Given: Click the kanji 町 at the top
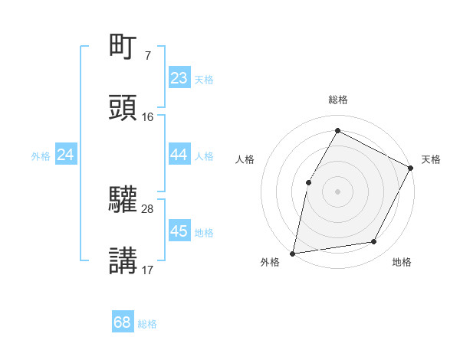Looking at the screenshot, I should pyautogui.click(x=123, y=47).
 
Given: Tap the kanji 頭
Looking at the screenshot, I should pyautogui.click(x=123, y=108).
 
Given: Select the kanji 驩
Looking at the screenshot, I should pyautogui.click(x=123, y=201).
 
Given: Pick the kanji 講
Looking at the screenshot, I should pyautogui.click(x=123, y=260).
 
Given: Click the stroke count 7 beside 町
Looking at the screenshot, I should pyautogui.click(x=147, y=55).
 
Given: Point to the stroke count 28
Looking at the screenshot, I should pyautogui.click(x=148, y=208).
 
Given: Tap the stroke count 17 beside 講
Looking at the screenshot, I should pyautogui.click(x=148, y=269).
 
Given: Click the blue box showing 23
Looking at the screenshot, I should pyautogui.click(x=179, y=78).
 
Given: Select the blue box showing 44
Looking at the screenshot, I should pyautogui.click(x=179, y=155).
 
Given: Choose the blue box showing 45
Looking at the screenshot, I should pyautogui.click(x=179, y=231).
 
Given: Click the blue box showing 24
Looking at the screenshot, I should pyautogui.click(x=66, y=155).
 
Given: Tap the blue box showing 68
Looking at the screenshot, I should pyautogui.click(x=123, y=322).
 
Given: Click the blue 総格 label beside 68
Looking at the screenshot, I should pyautogui.click(x=147, y=324).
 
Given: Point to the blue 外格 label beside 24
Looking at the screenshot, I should pyautogui.click(x=41, y=156).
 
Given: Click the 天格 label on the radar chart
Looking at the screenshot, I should pyautogui.click(x=431, y=159).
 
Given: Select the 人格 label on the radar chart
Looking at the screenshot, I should pyautogui.click(x=245, y=159).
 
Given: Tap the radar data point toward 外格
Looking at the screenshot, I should pyautogui.click(x=293, y=253).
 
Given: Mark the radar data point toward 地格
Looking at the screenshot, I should pyautogui.click(x=374, y=242).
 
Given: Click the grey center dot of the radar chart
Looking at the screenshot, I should pyautogui.click(x=337, y=191).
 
